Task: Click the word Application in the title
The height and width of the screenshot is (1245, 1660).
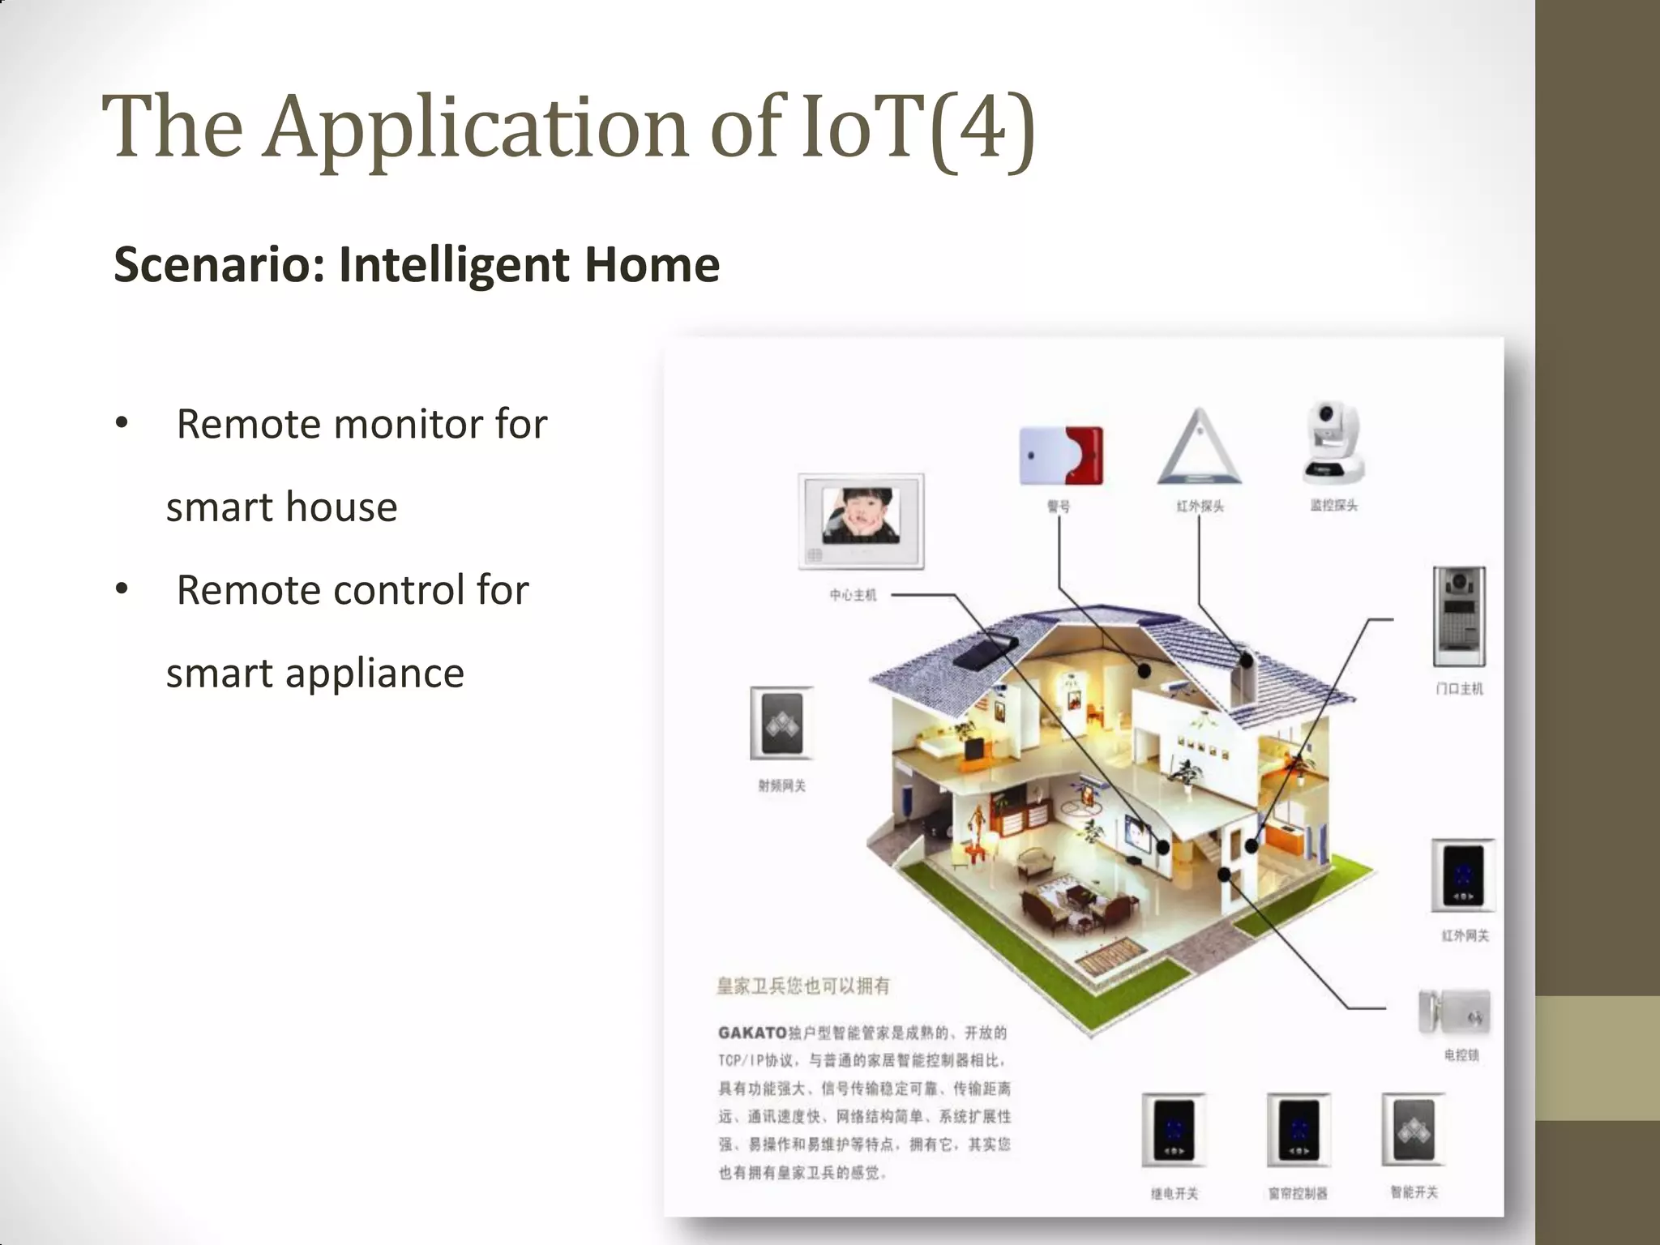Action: [x=477, y=128]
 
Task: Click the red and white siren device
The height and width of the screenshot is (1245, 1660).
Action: [x=1060, y=455]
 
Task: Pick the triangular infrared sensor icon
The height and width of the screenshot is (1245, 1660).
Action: [x=1199, y=448]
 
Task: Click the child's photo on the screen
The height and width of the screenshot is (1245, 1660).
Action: [x=861, y=516]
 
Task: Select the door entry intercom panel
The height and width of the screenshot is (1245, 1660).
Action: [x=1459, y=616]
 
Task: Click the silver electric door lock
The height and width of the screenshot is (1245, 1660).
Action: [x=1454, y=1012]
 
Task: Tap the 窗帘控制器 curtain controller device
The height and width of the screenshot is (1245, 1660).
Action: [x=1298, y=1130]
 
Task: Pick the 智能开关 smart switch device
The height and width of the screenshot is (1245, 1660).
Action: [x=1414, y=1129]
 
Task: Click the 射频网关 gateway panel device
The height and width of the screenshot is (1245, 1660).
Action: [x=781, y=723]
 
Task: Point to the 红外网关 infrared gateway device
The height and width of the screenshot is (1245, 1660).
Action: [x=1463, y=876]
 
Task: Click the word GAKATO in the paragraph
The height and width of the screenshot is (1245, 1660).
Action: [x=752, y=1033]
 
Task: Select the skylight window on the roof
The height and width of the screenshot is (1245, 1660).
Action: [x=985, y=650]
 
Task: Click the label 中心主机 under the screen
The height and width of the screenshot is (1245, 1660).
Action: [x=853, y=595]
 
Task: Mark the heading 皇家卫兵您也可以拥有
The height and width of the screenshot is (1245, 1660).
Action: [x=802, y=986]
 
